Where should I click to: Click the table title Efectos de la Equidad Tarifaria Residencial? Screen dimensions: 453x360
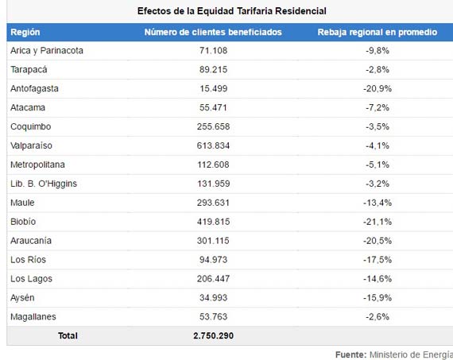pyautogui.click(x=232, y=11)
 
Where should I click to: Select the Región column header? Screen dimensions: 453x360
pyautogui.click(x=25, y=32)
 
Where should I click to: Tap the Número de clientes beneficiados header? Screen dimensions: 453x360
pyautogui.click(x=213, y=32)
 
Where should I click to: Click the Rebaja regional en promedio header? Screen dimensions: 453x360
pyautogui.click(x=377, y=32)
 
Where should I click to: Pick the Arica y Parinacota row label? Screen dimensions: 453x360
pyautogui.click(x=47, y=51)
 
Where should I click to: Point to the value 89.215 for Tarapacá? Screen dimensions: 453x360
pyautogui.click(x=213, y=70)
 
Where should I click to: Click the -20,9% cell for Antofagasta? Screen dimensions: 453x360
pyautogui.click(x=377, y=89)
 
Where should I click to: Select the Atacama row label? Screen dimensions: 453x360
pyautogui.click(x=28, y=107)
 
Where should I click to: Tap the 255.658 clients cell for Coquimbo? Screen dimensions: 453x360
pyautogui.click(x=213, y=126)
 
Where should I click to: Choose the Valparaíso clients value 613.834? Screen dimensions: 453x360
pyautogui.click(x=213, y=145)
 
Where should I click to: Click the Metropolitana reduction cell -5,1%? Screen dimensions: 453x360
pyautogui.click(x=377, y=165)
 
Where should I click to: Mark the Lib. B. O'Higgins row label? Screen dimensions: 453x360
pyautogui.click(x=44, y=184)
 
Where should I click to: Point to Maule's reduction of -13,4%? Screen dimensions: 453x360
pyautogui.click(x=377, y=203)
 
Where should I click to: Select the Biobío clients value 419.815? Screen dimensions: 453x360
pyautogui.click(x=213, y=222)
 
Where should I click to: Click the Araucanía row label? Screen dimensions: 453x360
pyautogui.click(x=31, y=241)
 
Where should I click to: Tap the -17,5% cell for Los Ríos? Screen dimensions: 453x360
pyautogui.click(x=377, y=260)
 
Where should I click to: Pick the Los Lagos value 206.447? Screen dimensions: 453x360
pyautogui.click(x=213, y=279)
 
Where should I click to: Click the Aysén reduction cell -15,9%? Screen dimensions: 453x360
pyautogui.click(x=377, y=298)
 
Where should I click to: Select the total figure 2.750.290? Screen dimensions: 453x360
pyautogui.click(x=213, y=335)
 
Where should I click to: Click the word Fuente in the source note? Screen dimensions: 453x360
pyautogui.click(x=351, y=354)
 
